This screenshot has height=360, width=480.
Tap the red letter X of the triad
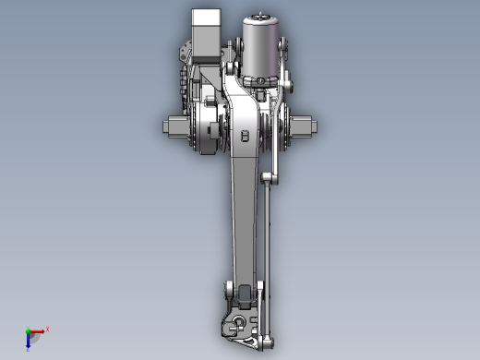(x=47, y=329)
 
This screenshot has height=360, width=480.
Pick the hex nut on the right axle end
(x=306, y=126)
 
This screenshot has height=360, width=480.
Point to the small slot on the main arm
(x=245, y=136)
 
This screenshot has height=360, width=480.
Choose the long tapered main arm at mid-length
(x=243, y=222)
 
